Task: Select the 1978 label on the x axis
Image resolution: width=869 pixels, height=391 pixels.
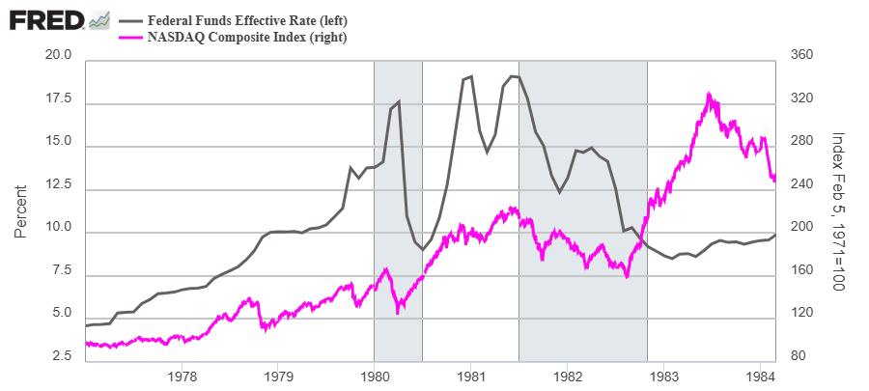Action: (182, 376)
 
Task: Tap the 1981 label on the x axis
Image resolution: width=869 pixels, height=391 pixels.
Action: (470, 376)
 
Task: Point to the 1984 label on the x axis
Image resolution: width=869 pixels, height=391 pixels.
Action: (759, 376)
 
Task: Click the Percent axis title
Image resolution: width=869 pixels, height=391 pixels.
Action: (21, 213)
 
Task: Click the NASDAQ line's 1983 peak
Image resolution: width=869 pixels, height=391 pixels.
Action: (709, 95)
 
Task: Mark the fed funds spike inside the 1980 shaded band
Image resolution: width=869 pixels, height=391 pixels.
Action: (398, 101)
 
